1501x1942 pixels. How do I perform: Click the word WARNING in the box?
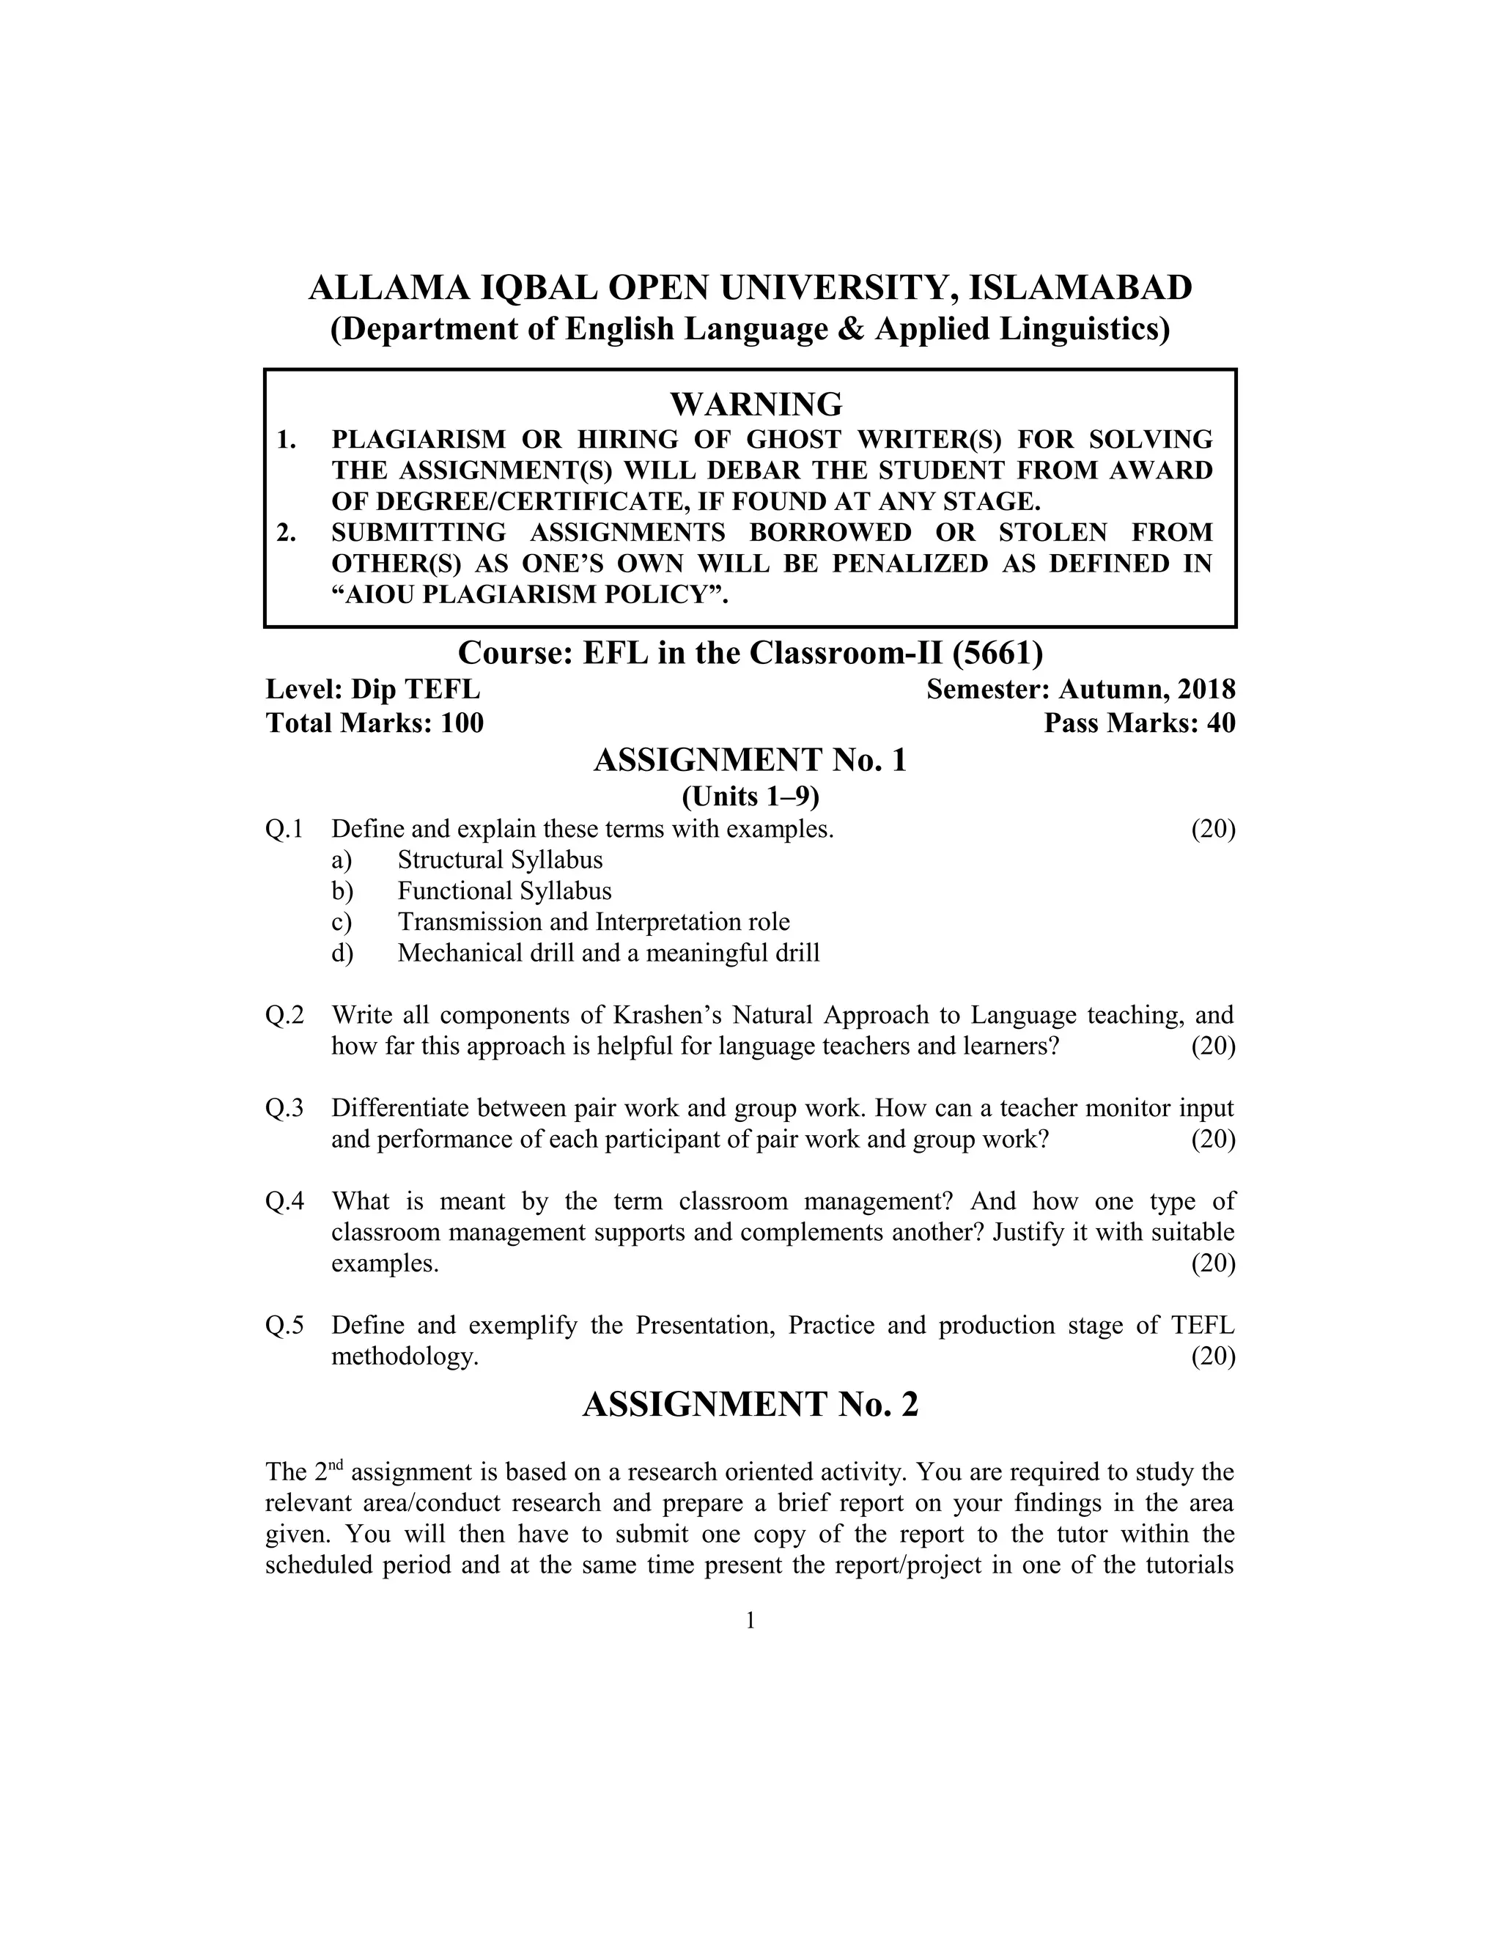point(756,405)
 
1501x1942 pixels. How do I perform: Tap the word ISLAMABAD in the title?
point(1080,288)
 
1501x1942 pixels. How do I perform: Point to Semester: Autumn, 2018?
point(1080,689)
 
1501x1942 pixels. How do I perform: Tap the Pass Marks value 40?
point(1221,723)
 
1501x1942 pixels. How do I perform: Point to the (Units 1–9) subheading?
point(750,796)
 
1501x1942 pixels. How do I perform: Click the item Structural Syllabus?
point(500,860)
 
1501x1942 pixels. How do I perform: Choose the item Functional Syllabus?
point(504,891)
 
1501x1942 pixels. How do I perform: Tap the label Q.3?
point(284,1108)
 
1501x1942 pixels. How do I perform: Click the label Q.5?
point(284,1326)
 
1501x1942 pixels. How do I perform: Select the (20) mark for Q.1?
point(1213,829)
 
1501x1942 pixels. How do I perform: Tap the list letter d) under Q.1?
point(342,953)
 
